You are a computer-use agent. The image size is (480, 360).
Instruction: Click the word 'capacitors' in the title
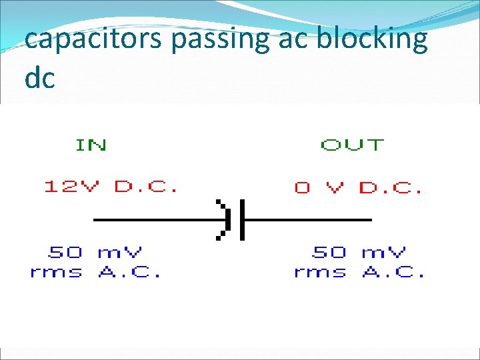click(94, 40)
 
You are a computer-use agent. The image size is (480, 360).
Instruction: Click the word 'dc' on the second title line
click(39, 78)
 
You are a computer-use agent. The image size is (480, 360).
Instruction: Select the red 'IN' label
click(91, 145)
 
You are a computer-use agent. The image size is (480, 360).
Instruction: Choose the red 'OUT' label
click(353, 145)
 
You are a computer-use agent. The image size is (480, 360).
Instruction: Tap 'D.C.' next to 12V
click(146, 187)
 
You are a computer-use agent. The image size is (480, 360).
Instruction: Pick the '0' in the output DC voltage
click(303, 187)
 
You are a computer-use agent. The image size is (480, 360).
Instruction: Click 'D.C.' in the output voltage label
click(391, 187)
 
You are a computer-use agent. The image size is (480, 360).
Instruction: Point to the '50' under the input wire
click(65, 252)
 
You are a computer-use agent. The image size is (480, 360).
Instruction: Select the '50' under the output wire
click(330, 252)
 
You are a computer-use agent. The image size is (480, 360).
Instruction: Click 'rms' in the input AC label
click(57, 272)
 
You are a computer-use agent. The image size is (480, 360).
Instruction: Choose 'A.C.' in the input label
click(129, 272)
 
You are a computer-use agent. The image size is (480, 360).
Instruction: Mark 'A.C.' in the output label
click(394, 272)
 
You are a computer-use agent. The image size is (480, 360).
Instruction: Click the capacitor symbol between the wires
click(233, 219)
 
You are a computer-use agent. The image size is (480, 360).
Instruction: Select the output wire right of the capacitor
click(307, 219)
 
